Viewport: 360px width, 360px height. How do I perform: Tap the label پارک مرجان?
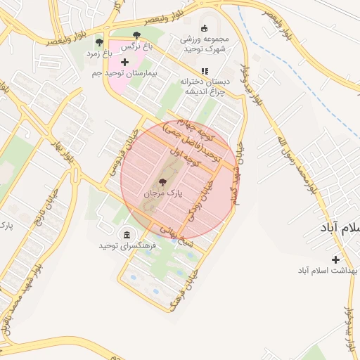tap(163, 192)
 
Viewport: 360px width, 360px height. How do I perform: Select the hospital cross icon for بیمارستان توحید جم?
tap(125, 63)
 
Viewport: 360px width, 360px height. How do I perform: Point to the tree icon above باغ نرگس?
tap(136, 35)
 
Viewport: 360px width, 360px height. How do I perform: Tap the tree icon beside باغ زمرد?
tap(98, 43)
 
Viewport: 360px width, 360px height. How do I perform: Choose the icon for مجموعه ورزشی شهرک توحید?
tap(205, 28)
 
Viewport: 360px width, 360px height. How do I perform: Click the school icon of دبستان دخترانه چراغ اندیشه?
tap(205, 71)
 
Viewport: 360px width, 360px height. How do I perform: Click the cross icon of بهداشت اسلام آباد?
tap(335, 259)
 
